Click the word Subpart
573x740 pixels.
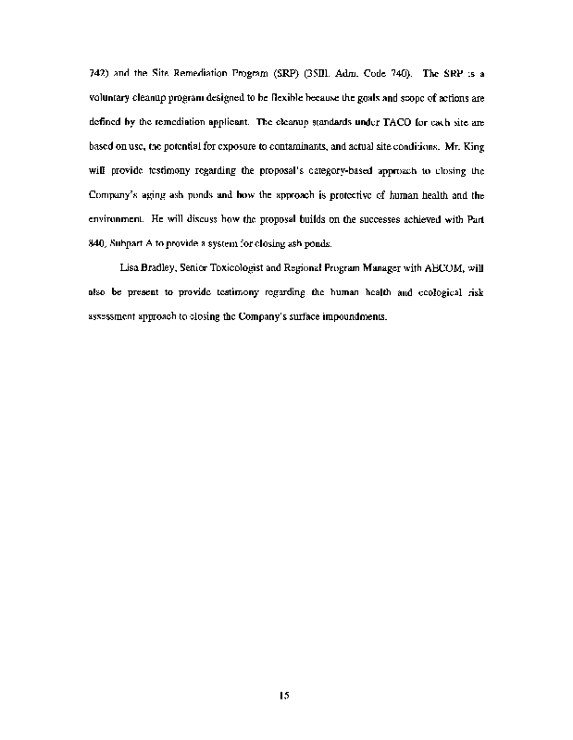131,243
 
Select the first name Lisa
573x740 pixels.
131,267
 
